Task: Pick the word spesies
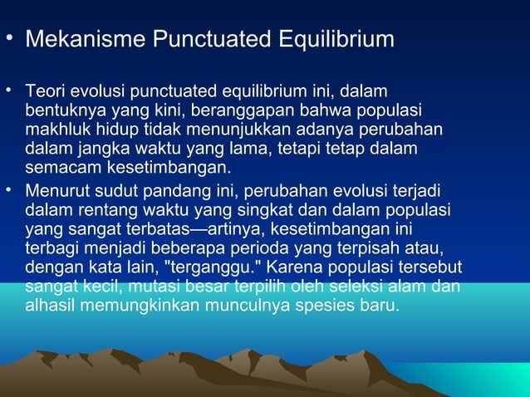tap(322, 306)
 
